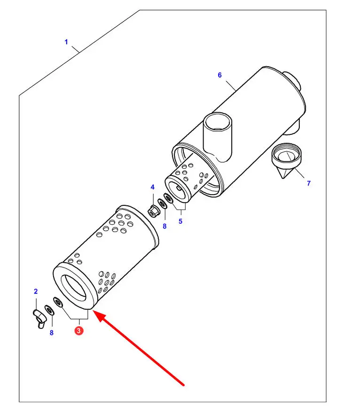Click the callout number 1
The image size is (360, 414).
tap(66, 42)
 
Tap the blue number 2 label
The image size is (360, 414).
tap(36, 291)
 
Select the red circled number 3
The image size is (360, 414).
tap(78, 330)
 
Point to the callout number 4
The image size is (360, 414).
tap(152, 187)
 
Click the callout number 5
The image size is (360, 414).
tap(180, 221)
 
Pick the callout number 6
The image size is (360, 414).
tap(220, 75)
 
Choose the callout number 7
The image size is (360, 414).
tap(309, 183)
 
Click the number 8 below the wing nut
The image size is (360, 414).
tap(52, 333)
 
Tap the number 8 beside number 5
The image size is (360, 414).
tap(164, 227)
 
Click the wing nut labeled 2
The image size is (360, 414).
tap(39, 318)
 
